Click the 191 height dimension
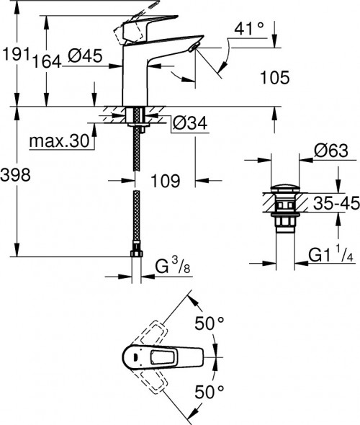[x=15, y=55]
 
